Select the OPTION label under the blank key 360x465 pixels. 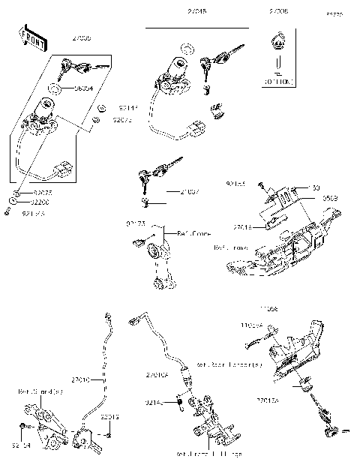pyautogui.click(x=277, y=80)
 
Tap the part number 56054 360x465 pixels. pyautogui.click(x=83, y=88)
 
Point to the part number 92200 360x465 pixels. pyautogui.click(x=40, y=202)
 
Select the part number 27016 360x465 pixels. pyautogui.click(x=243, y=226)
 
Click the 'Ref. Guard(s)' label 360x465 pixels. pyautogui.click(x=37, y=391)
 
